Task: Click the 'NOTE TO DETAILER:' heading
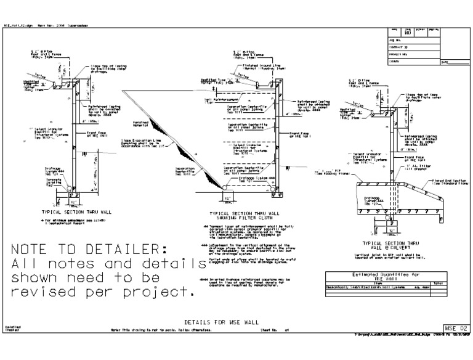click(x=89, y=250)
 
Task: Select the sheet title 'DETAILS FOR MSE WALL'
click(x=222, y=322)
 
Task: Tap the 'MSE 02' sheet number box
click(x=456, y=328)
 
